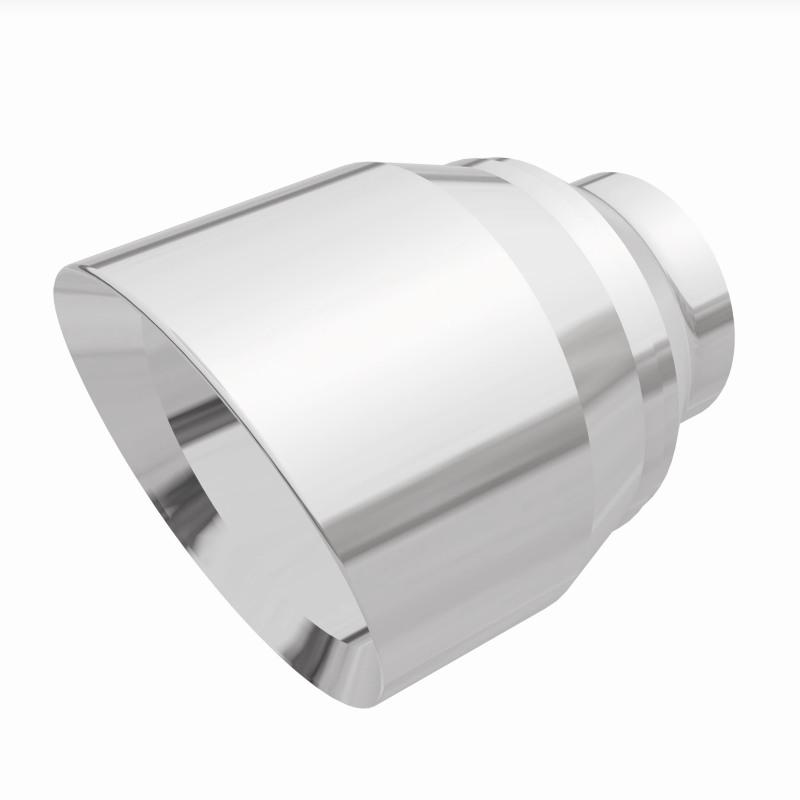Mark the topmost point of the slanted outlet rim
click(90, 262)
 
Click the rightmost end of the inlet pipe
click(732, 300)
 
